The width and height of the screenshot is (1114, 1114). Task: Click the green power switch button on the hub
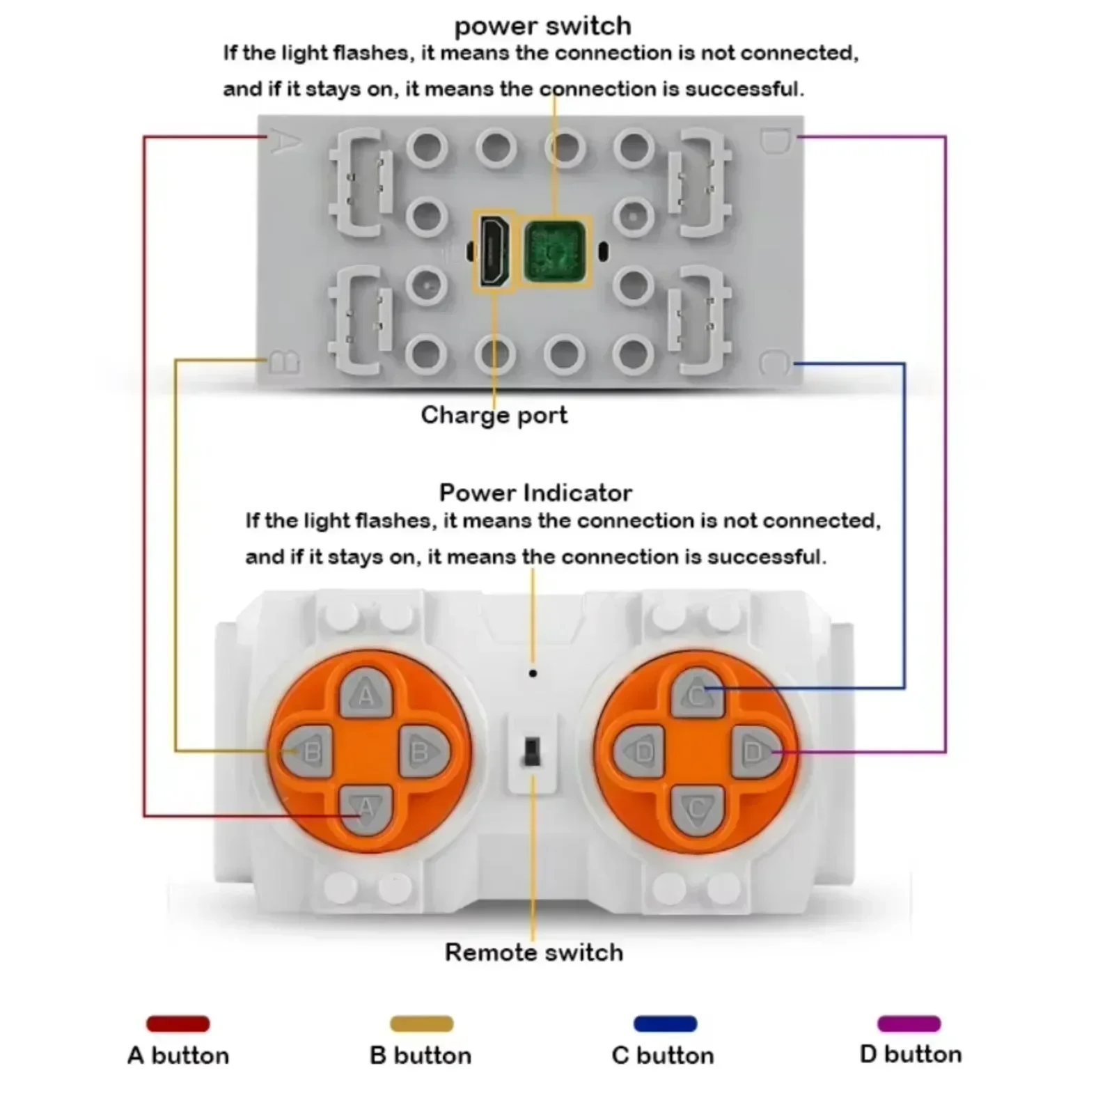pos(554,251)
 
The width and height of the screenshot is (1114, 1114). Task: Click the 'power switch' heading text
pos(542,26)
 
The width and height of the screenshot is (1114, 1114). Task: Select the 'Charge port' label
pos(494,415)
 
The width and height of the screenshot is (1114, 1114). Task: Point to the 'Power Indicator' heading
pos(535,493)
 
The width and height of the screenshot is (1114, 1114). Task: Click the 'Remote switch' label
pos(534,952)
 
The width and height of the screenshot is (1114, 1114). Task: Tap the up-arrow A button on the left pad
pos(366,693)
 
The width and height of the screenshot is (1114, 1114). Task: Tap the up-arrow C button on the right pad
pos(697,693)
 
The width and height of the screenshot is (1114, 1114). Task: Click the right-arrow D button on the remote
pos(756,752)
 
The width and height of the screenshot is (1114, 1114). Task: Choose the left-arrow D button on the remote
pos(641,752)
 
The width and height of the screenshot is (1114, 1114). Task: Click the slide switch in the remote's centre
pos(532,752)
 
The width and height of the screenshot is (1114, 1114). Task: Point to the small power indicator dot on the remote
pos(533,673)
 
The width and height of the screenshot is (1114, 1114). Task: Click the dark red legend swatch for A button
pos(178,1023)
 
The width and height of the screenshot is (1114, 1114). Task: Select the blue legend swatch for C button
pos(665,1023)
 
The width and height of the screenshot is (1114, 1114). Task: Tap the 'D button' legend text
pos(911,1054)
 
